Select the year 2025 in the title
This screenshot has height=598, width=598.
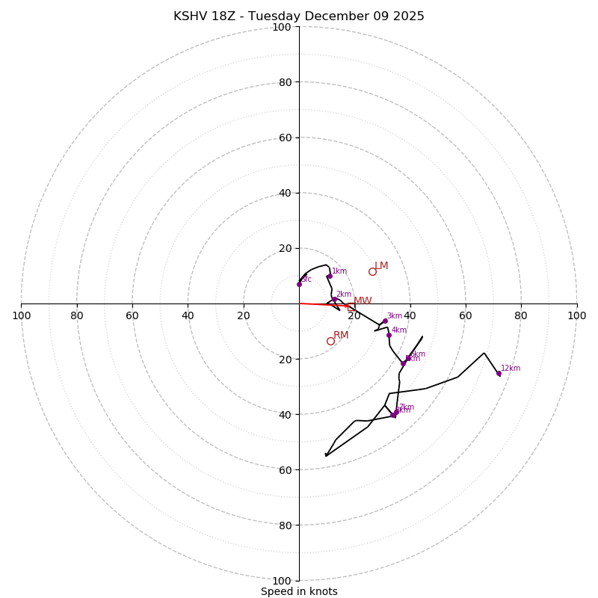(x=407, y=16)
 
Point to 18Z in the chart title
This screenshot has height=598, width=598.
(x=229, y=16)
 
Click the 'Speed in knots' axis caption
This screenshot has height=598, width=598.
(x=299, y=591)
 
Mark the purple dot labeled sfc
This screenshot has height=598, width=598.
(x=299, y=284)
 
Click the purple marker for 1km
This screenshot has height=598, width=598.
(x=329, y=276)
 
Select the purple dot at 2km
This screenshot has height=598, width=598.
(x=334, y=299)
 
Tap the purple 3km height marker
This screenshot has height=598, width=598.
(x=385, y=321)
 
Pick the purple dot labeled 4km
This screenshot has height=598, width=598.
(x=389, y=335)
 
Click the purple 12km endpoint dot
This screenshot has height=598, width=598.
(x=499, y=373)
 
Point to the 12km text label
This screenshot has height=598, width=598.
(x=511, y=368)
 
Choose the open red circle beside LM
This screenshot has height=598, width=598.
(x=372, y=271)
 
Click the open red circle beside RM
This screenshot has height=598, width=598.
(x=330, y=341)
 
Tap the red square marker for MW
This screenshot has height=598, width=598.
(x=347, y=306)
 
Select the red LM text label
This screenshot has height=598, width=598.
(x=381, y=265)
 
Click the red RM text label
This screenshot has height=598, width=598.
(x=341, y=335)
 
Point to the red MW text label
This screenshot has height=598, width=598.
(x=363, y=300)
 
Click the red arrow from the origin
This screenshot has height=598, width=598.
(x=321, y=304)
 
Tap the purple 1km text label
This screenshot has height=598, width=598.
(x=339, y=271)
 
